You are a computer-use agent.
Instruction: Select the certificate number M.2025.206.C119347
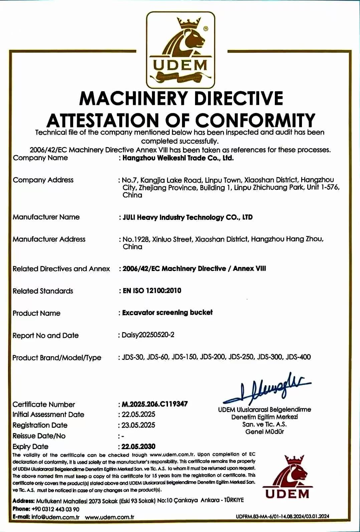tap(155, 404)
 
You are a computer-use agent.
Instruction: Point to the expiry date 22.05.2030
tap(138, 446)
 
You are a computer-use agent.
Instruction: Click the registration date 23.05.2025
tap(138, 425)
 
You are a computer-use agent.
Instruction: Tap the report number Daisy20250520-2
tap(148, 335)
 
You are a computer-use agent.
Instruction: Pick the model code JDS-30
tap(133, 357)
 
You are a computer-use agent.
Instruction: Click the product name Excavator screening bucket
tap(167, 313)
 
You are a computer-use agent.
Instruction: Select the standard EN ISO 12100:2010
tap(152, 290)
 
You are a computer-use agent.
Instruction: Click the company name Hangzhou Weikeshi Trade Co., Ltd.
tap(178, 158)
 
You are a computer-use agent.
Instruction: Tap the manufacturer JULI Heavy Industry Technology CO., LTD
tap(187, 217)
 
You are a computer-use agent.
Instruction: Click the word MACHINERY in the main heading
tap(134, 98)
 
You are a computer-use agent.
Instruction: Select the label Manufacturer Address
tap(49, 239)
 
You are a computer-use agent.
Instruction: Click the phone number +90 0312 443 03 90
tap(55, 509)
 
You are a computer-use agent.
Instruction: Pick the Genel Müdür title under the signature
tap(264, 432)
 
